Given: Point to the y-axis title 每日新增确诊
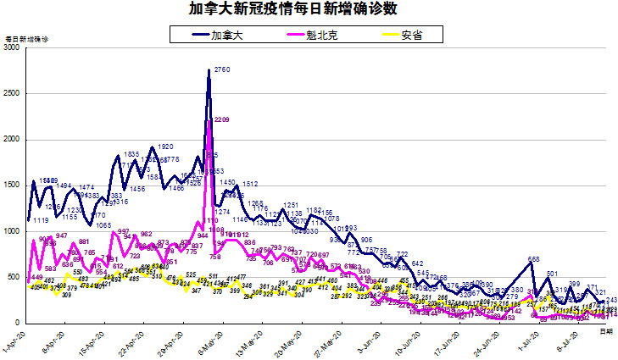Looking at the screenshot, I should tap(26, 40).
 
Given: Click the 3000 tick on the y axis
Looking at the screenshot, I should tap(11, 48).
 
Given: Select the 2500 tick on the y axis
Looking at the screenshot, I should tap(11, 94).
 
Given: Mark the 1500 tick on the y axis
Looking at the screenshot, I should tap(11, 186).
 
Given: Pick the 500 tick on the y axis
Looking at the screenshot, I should tap(14, 277).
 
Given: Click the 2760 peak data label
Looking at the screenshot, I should tap(223, 69).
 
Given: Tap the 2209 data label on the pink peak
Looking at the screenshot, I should tap(222, 120).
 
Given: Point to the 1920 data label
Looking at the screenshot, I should tap(165, 147).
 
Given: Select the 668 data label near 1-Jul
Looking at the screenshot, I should tap(534, 259).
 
